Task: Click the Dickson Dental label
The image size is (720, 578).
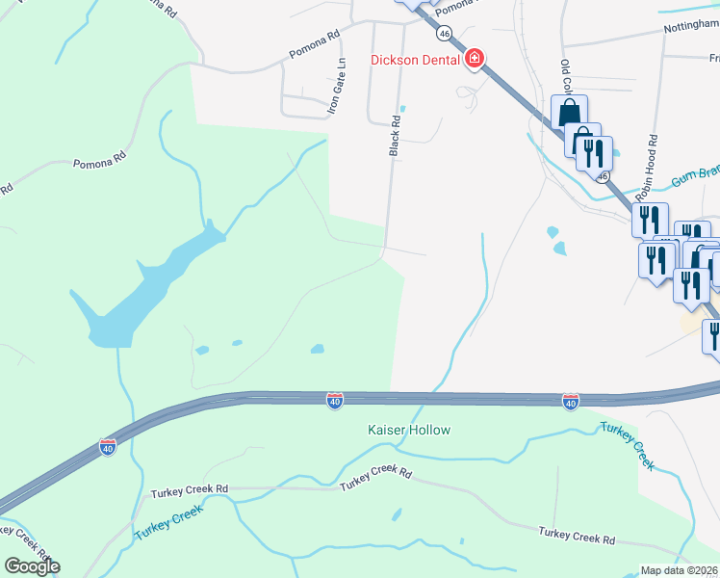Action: point(416,60)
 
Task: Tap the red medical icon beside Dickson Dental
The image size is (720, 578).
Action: point(474,60)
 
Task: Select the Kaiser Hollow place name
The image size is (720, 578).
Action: point(408,430)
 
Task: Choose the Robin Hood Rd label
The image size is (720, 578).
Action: point(653,164)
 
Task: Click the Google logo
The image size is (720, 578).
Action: point(32,566)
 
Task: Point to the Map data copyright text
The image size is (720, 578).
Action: point(680,570)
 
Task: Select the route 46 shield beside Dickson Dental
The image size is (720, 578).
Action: point(444,33)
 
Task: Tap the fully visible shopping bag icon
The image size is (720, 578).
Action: point(570,112)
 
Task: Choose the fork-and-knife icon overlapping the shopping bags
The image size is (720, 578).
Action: point(595,152)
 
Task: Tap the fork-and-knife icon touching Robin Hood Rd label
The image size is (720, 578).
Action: point(651,219)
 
